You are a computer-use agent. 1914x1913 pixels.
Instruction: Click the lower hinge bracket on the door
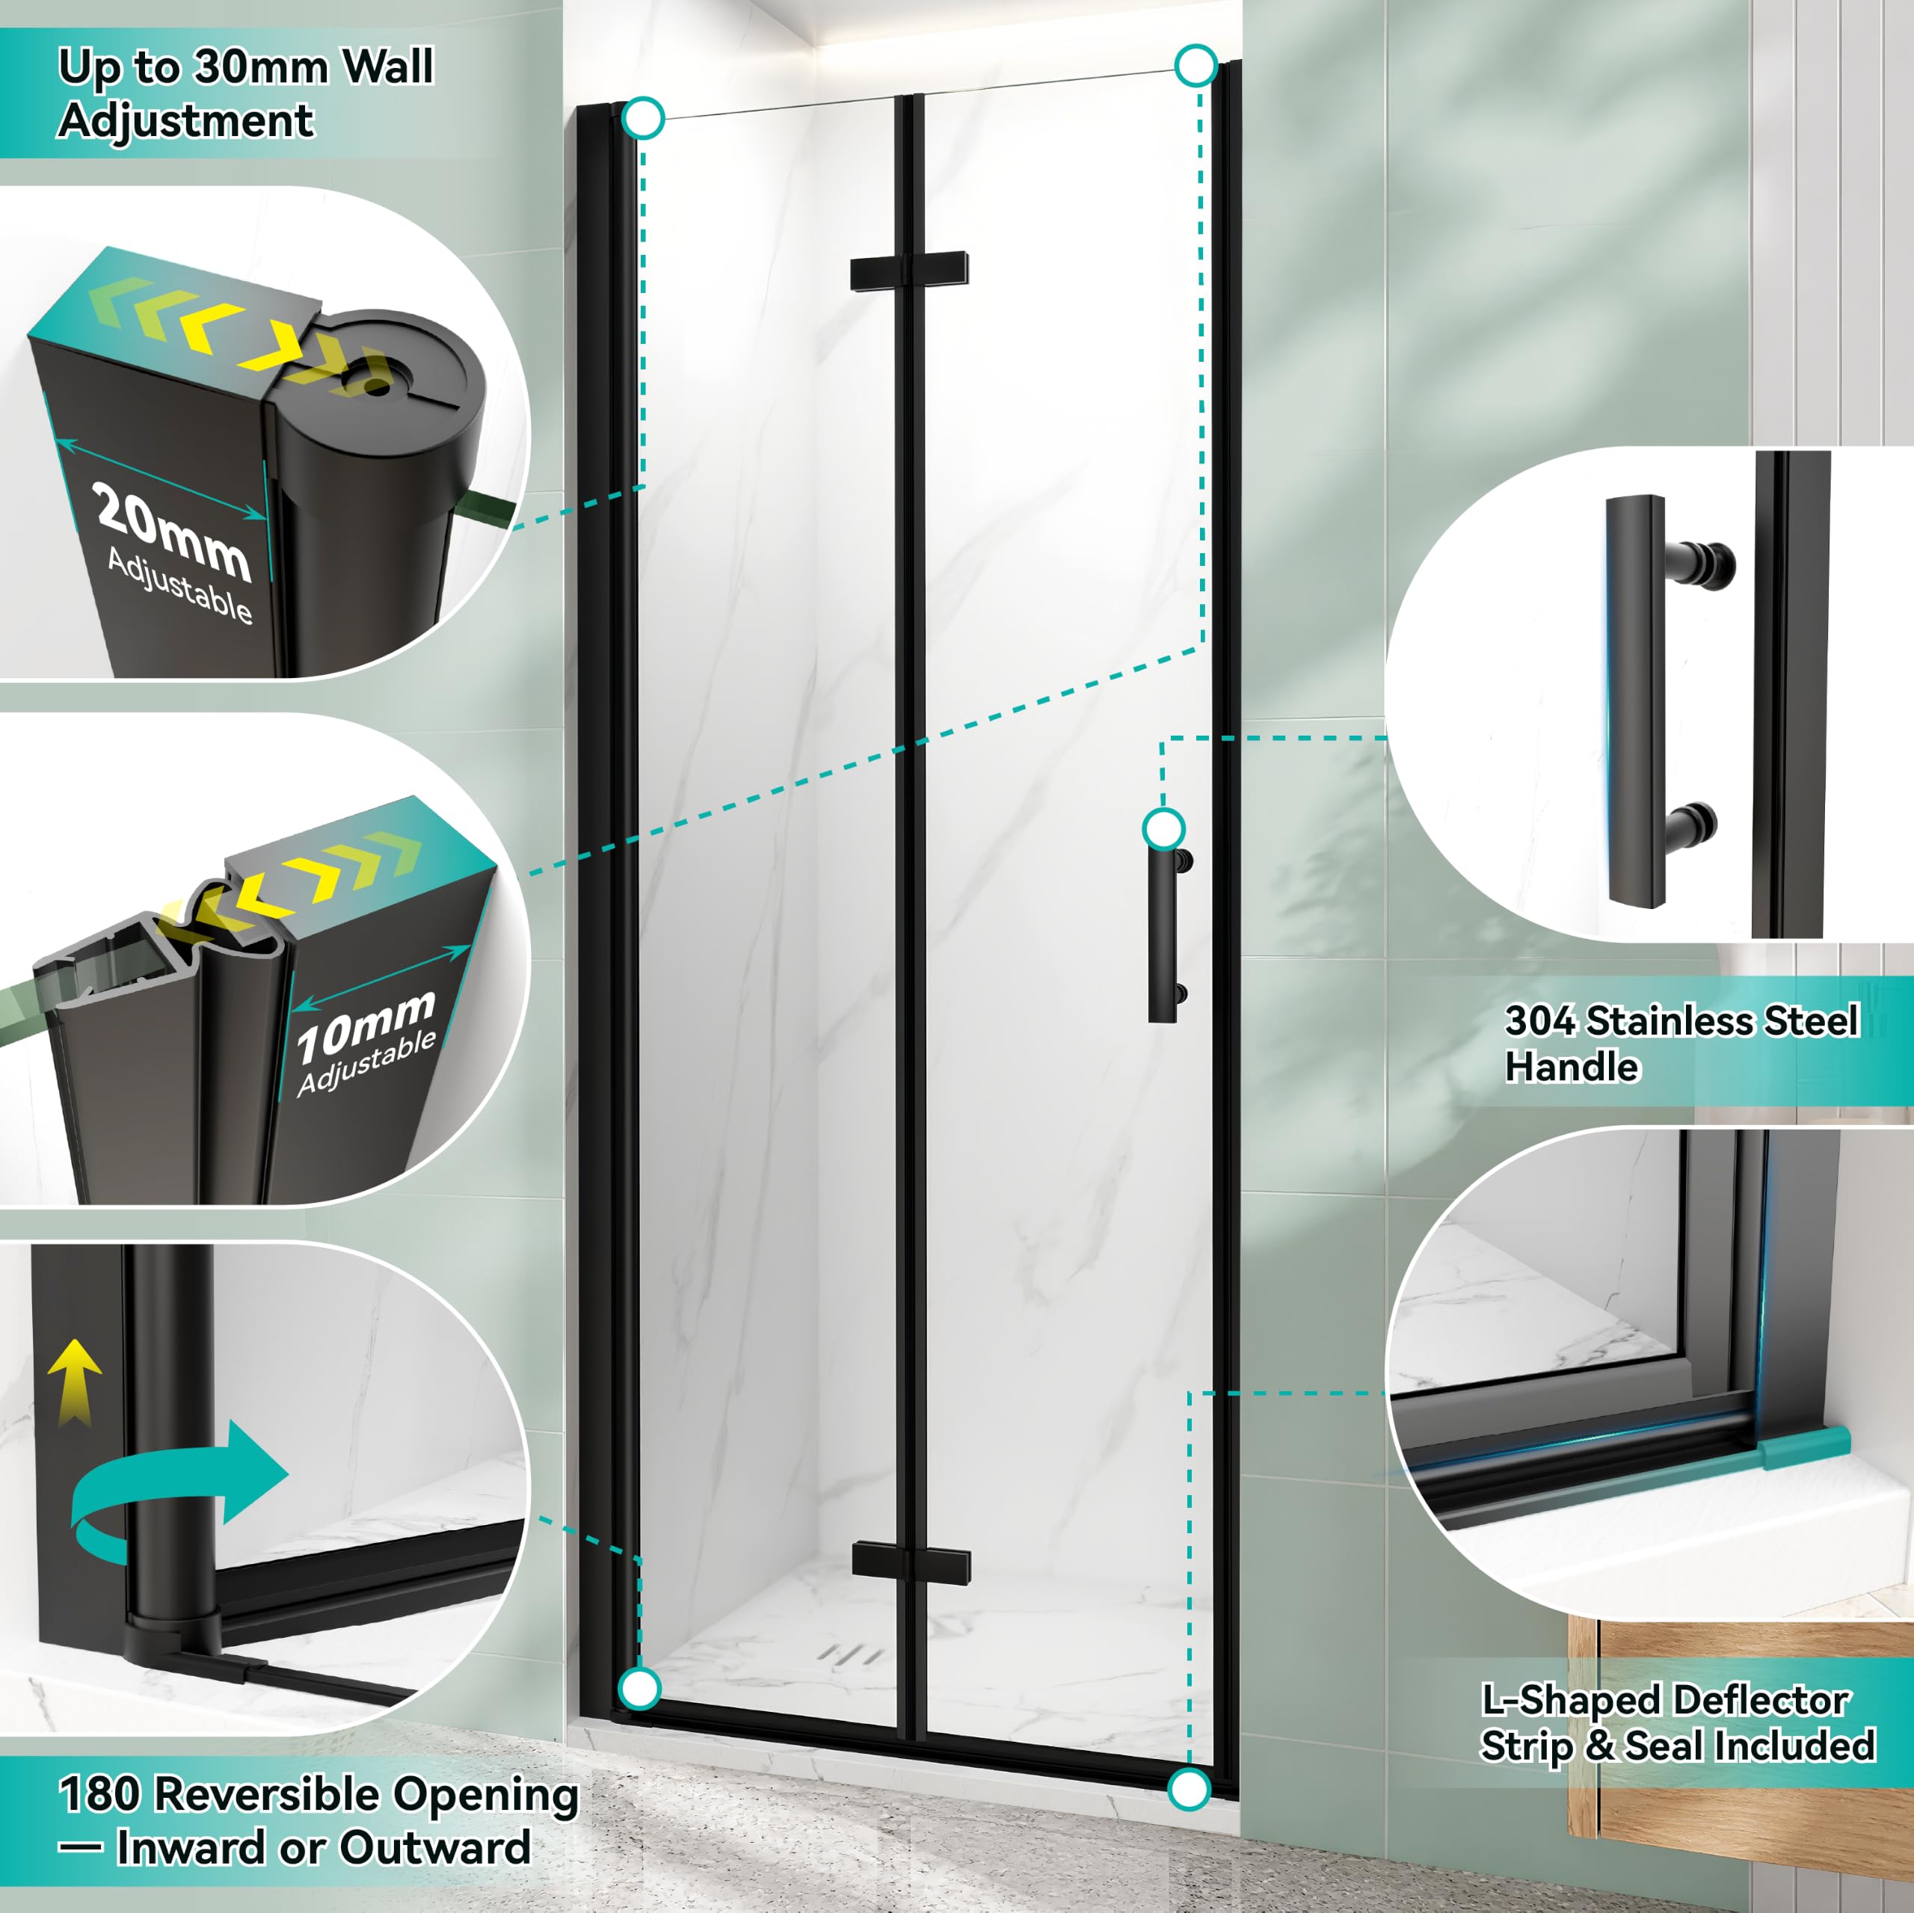tap(911, 1562)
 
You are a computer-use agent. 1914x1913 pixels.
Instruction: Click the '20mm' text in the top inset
tap(173, 531)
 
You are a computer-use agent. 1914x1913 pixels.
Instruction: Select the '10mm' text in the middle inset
tap(366, 1026)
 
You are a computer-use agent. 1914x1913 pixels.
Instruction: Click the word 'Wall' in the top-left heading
tap(387, 67)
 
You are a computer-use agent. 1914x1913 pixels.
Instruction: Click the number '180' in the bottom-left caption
tap(99, 1794)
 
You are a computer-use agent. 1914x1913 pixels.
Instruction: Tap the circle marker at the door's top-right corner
tap(1196, 65)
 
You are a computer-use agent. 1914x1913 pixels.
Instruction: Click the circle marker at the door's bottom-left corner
tap(640, 1687)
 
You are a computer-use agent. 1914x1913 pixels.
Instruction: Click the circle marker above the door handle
tap(1164, 828)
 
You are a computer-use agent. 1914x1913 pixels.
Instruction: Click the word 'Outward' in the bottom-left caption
tap(434, 1848)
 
